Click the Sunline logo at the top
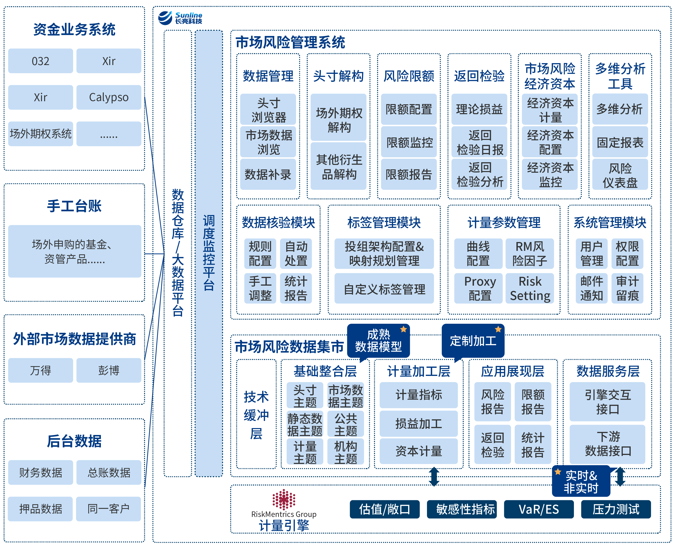pyautogui.click(x=180, y=18)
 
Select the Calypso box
pyautogui.click(x=109, y=97)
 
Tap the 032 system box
pyautogui.click(x=40, y=61)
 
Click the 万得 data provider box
pyautogui.click(x=40, y=370)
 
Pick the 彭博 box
pyautogui.click(x=109, y=370)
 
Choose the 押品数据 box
pyautogui.click(x=40, y=509)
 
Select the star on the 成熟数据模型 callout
pyautogui.click(x=403, y=329)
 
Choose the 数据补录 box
pyautogui.click(x=268, y=174)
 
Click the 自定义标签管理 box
pyautogui.click(x=384, y=289)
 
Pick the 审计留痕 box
pyautogui.click(x=627, y=288)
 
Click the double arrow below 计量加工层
pyautogui.click(x=434, y=476)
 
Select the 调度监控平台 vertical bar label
pyautogui.click(x=209, y=253)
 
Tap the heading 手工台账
pyautogui.click(x=74, y=206)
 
